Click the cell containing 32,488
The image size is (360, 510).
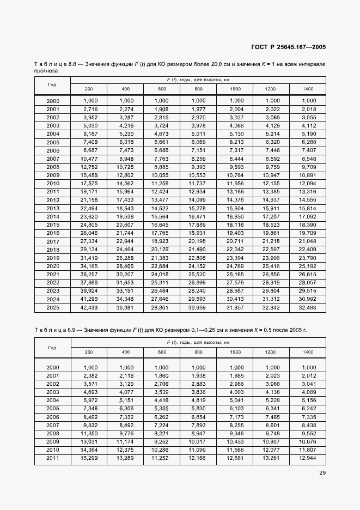click(308, 308)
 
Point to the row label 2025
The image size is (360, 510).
click(53, 308)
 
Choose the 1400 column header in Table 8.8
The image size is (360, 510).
click(308, 89)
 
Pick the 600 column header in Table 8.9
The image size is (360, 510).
click(162, 352)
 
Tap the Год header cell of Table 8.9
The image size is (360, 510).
click(52, 347)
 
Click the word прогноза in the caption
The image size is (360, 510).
click(46, 71)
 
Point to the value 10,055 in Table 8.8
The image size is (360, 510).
click(162, 175)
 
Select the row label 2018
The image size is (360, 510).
click(53, 250)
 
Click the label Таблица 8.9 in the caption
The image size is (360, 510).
click(54, 330)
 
